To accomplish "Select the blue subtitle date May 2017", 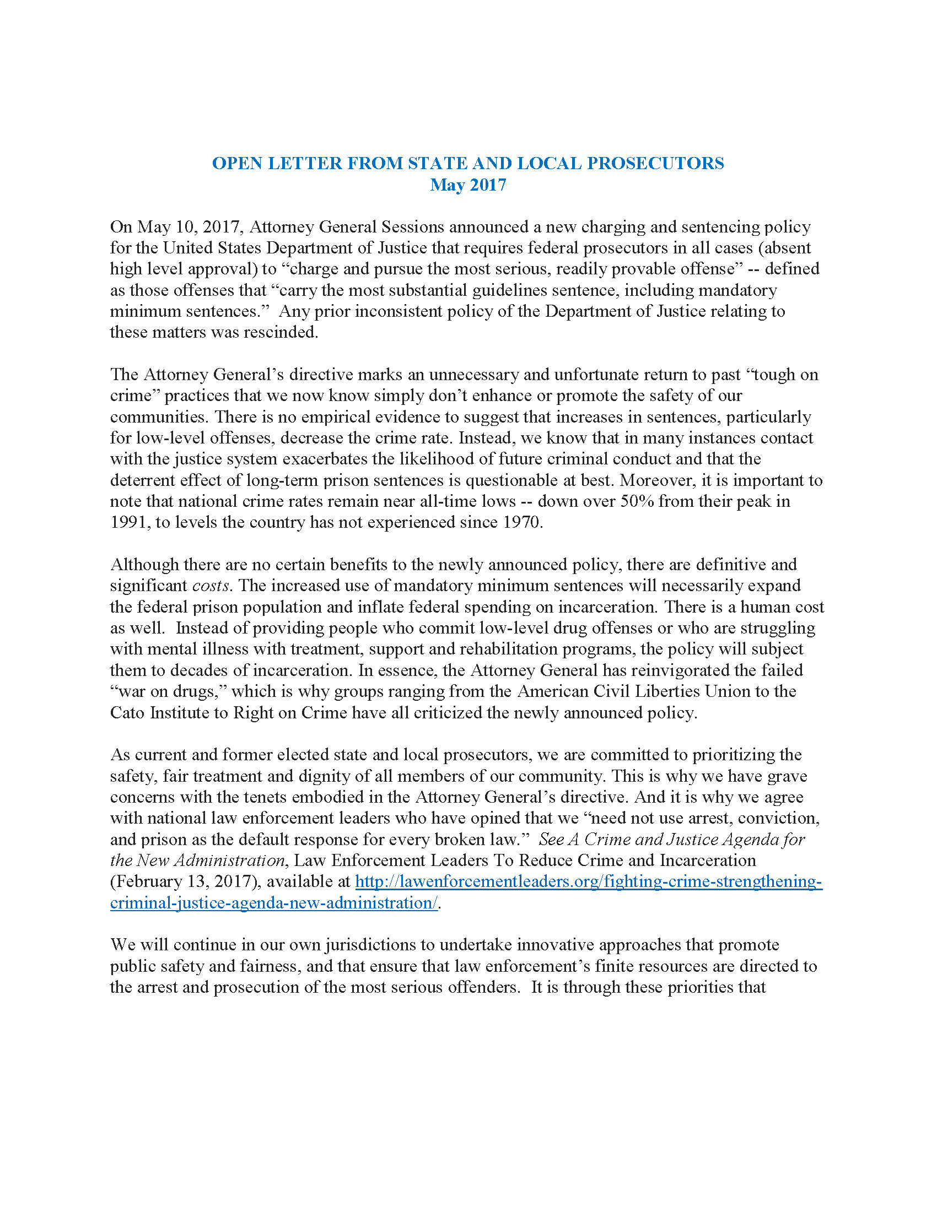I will click(468, 185).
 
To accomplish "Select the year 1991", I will click(128, 522).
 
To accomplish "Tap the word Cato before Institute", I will click(127, 712).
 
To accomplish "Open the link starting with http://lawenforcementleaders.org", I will click(589, 882).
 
